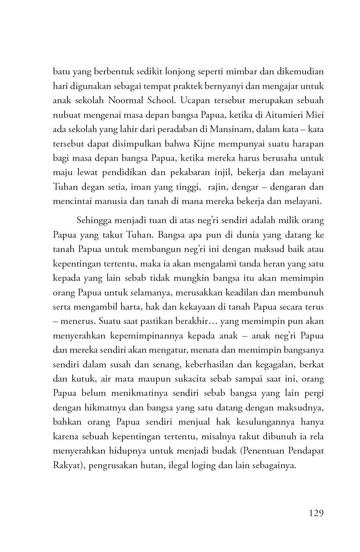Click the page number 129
(316, 513)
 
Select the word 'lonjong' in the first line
(176, 72)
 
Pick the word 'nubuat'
(64, 115)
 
